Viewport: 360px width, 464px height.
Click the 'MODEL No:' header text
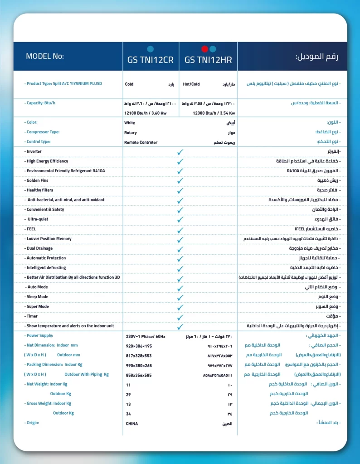coord(45,57)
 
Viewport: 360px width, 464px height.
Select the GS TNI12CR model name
coord(151,60)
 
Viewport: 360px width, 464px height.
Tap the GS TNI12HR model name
coord(209,60)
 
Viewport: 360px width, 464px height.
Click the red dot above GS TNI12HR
coord(204,49)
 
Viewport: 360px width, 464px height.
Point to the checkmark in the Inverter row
coord(180,152)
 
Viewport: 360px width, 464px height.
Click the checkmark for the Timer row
coord(180,317)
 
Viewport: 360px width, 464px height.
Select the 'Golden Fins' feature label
coord(38,180)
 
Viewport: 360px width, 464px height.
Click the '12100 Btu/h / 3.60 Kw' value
coord(146,113)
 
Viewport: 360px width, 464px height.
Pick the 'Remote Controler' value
coord(141,142)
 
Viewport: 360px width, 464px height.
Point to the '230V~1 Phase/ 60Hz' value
coord(145,336)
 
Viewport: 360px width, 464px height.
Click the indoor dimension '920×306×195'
coord(139,346)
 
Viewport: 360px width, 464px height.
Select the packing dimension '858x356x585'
coord(139,375)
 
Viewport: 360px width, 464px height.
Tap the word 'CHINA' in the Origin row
coord(131,423)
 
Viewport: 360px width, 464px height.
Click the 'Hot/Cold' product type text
coord(191,84)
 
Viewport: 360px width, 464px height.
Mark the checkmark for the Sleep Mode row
coord(180,297)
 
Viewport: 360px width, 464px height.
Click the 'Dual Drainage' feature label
coord(39,248)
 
